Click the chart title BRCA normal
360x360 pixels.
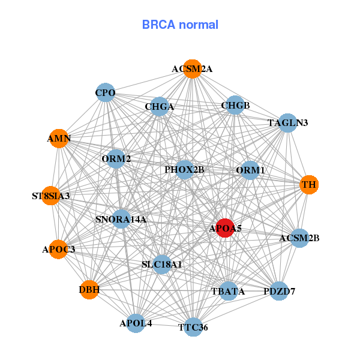pos(180,25)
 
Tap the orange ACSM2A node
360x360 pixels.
pos(192,69)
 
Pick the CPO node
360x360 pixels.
pos(106,92)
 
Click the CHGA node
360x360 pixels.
pos(159,107)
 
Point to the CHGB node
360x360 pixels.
pos(235,106)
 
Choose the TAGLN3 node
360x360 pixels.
pos(288,123)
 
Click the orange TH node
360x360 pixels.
pos(309,184)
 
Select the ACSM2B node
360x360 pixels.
pos(299,238)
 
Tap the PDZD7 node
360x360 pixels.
pos(279,292)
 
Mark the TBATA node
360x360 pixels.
pos(228,292)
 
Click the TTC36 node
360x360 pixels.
pos(193,327)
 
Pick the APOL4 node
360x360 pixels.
pos(136,323)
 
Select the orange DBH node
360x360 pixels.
pos(89,290)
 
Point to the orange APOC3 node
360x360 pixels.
pos(58,249)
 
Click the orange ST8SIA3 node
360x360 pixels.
pos(51,196)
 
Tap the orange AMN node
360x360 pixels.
pos(59,139)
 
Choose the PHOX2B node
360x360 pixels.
pos(185,170)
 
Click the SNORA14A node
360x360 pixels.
pos(121,219)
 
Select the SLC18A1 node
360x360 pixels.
pos(162,264)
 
